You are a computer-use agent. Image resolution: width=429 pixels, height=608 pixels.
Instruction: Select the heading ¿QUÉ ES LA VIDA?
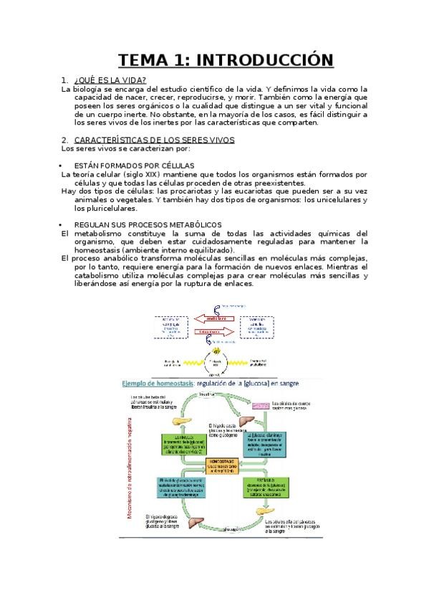tap(110, 80)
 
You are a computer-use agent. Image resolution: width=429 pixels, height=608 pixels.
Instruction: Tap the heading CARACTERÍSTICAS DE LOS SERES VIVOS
tap(153, 140)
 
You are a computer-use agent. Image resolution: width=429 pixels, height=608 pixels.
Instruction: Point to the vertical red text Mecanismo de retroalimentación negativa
tap(131, 460)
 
